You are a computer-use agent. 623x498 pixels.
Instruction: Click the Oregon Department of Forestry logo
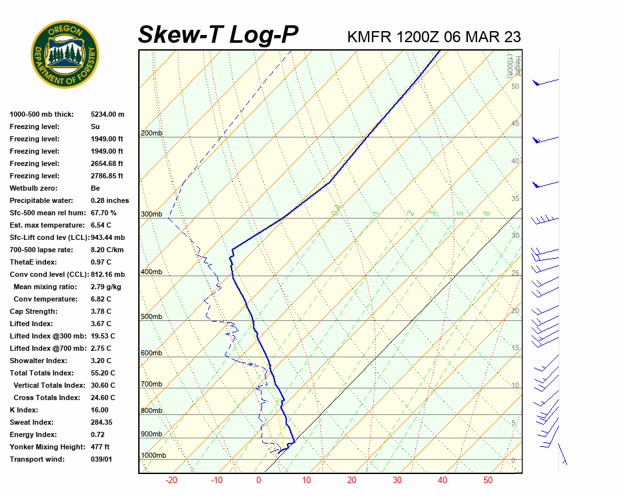[65, 54]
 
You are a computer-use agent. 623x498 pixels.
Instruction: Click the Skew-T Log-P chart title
[219, 35]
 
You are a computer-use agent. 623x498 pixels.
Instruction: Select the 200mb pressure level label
[151, 134]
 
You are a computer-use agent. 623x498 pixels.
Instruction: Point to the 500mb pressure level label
[151, 317]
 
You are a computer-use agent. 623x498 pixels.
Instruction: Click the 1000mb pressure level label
[153, 456]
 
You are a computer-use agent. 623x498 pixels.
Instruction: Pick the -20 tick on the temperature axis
[171, 480]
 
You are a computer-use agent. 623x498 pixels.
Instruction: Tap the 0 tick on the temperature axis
[258, 480]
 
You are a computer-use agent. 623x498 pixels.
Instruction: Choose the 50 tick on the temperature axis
[488, 480]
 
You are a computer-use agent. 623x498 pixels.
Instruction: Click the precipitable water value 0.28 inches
[110, 200]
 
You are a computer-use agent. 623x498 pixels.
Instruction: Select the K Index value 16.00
[100, 410]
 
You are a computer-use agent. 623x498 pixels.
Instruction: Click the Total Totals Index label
[42, 373]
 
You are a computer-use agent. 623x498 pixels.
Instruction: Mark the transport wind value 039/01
[101, 459]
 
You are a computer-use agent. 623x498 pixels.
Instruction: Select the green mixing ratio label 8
[485, 213]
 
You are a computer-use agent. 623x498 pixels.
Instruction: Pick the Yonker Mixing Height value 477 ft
[100, 447]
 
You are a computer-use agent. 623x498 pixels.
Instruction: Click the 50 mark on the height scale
[515, 86]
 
